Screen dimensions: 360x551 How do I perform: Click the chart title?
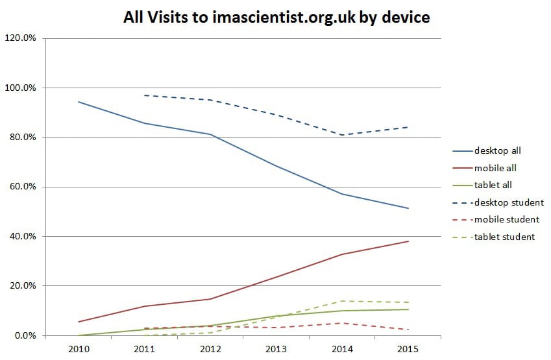(276, 18)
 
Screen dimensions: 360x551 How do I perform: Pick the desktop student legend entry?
(508, 202)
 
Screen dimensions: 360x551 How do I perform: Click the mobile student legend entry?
(506, 219)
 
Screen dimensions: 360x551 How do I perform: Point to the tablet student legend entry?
(504, 237)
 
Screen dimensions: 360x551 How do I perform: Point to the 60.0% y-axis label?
(23, 187)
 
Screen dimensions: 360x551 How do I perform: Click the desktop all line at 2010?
(79, 102)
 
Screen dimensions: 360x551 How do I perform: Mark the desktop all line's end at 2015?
(408, 208)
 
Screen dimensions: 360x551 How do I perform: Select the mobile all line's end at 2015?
(408, 241)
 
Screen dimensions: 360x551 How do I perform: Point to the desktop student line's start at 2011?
(145, 95)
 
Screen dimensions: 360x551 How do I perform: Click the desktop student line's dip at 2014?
(342, 135)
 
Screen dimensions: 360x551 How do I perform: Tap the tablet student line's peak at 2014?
(342, 301)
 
